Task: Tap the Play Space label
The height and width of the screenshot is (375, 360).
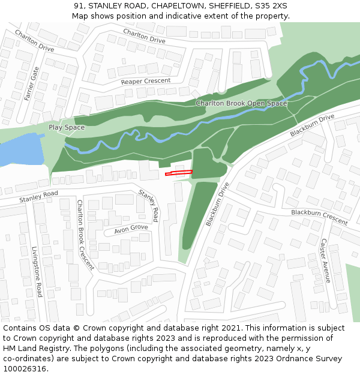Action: point(67,128)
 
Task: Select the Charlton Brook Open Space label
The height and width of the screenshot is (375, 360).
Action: point(241,103)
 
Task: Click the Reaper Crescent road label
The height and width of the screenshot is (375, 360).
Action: point(145,81)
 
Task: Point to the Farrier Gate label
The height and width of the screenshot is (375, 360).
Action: point(31,84)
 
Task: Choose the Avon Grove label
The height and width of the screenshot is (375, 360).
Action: point(130,229)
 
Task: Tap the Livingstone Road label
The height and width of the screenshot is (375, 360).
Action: point(37,271)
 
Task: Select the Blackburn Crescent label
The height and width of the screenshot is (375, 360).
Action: point(319,217)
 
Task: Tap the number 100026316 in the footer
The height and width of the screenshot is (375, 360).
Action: point(25,368)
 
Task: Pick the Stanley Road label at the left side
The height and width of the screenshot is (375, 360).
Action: point(38,196)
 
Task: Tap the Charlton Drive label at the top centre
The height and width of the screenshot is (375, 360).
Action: point(144,35)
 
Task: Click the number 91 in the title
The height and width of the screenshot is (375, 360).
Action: point(79,5)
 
